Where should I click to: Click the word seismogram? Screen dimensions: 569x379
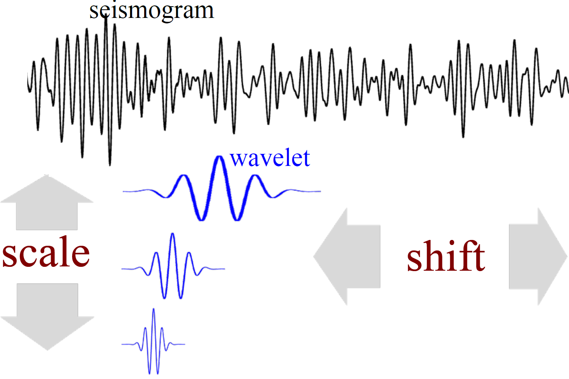152,11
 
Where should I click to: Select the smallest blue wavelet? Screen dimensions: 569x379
154,342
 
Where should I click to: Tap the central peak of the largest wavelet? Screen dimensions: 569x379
219,157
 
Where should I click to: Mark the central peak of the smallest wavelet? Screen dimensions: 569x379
154,309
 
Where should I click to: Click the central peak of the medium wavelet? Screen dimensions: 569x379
173,234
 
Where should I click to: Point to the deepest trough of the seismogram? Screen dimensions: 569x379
110,165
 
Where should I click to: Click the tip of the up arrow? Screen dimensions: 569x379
46,175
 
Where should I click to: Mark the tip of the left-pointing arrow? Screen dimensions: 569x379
314,256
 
